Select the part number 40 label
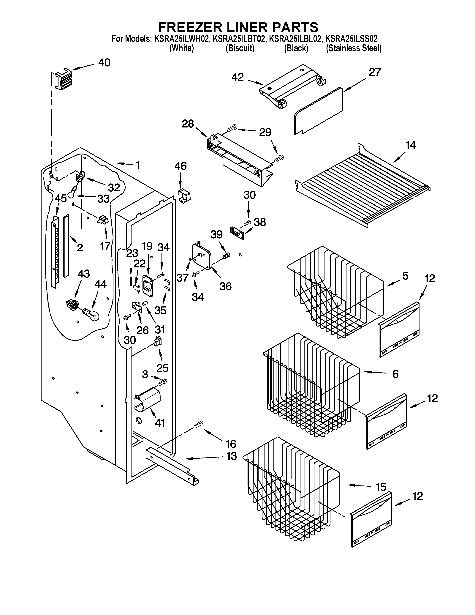point(104,62)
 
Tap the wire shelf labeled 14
point(363,191)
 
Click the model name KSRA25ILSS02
point(351,39)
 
